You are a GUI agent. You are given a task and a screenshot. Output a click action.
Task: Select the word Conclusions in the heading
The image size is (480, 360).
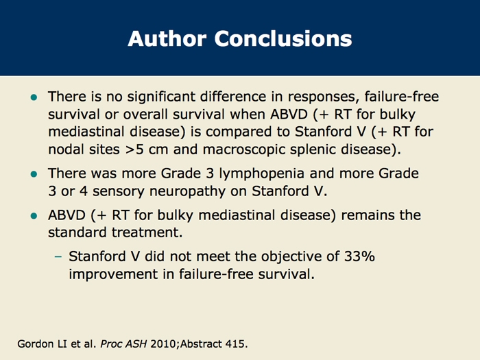pos(283,38)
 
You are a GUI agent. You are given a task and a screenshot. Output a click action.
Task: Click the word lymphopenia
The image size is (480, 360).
pos(262,174)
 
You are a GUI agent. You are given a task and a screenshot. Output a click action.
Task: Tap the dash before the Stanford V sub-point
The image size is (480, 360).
pos(58,256)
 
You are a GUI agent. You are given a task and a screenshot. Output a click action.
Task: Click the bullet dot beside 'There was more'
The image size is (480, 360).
pos(34,174)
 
